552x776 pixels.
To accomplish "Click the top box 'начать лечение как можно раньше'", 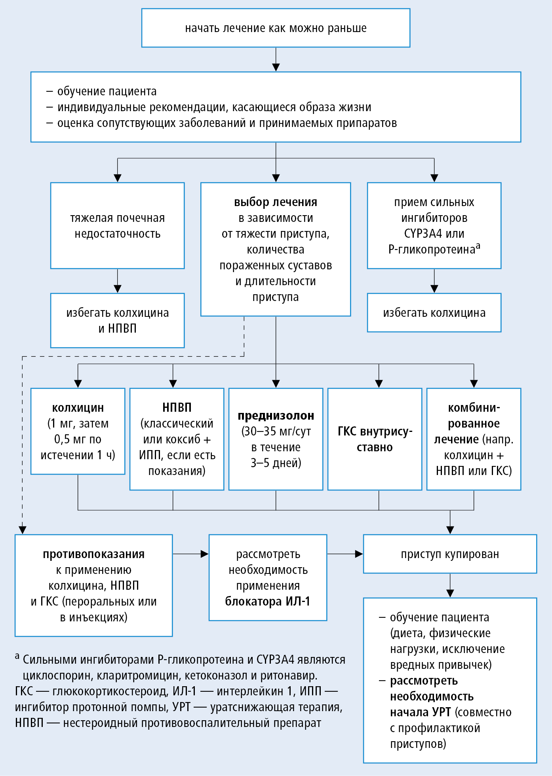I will (276, 28).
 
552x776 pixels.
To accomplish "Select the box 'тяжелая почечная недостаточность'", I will (118, 225).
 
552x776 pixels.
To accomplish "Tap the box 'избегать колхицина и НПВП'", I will (118, 320).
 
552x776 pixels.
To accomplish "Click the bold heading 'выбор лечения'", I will (276, 202).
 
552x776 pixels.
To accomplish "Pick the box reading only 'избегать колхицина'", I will (434, 313).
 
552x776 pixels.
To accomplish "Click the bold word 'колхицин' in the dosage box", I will (78, 408).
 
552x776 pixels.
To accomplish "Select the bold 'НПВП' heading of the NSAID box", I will (177, 407).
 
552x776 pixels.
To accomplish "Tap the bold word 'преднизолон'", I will (276, 416).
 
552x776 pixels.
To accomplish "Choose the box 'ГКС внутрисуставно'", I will (375, 439).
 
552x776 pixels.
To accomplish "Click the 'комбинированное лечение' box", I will (474, 439).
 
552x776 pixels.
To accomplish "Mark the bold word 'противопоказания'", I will (94, 554).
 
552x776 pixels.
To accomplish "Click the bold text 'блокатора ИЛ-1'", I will (268, 602).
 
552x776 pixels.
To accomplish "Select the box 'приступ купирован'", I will (450, 554).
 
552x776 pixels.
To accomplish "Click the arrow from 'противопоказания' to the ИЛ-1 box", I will (190, 554).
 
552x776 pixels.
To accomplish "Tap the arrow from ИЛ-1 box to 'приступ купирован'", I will (345, 554).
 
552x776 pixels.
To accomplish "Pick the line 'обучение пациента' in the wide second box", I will (107, 91).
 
